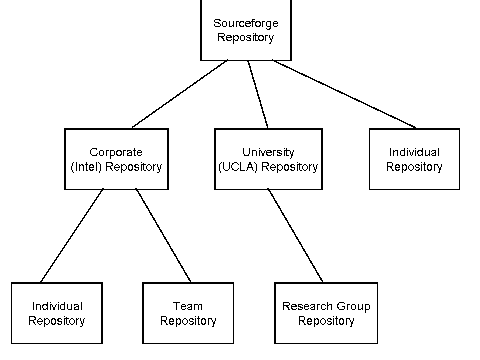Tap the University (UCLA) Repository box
[x=268, y=158]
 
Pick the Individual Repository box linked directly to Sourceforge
[x=413, y=158]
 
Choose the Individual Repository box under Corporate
[x=56, y=313]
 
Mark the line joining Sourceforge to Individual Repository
[x=345, y=95]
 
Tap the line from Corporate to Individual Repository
[x=73, y=236]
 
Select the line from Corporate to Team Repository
[x=163, y=236]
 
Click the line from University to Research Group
[x=296, y=236]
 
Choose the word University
[x=268, y=151]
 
